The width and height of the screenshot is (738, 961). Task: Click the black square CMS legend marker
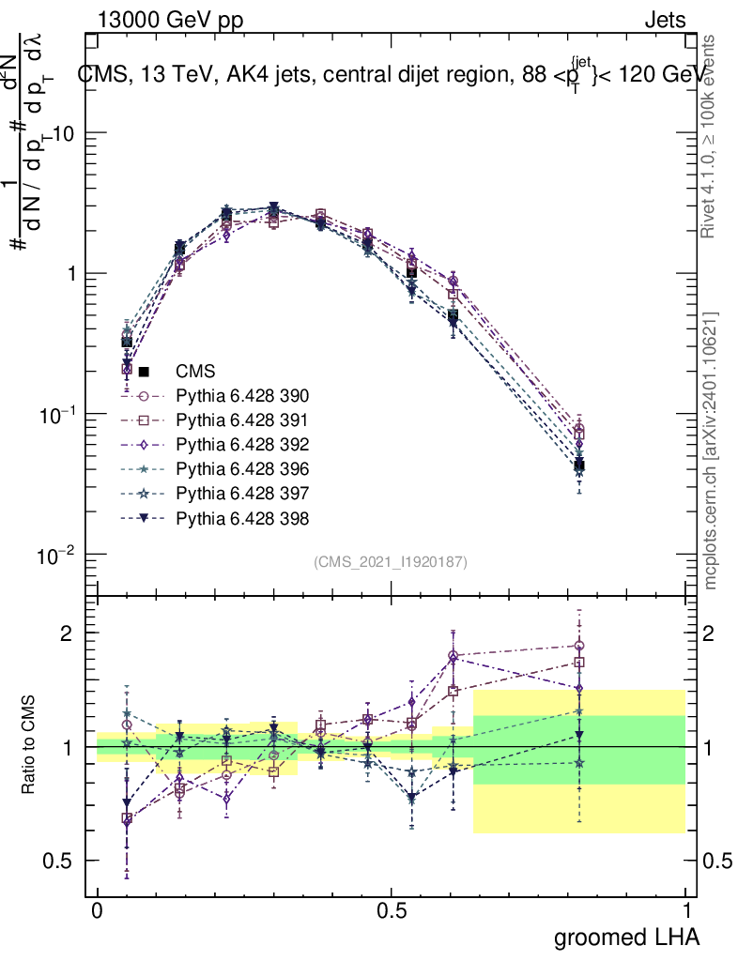pyautogui.click(x=144, y=372)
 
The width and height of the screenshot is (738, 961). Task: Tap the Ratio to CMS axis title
pyautogui.click(x=29, y=747)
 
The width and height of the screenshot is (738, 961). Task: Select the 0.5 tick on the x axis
pyautogui.click(x=392, y=911)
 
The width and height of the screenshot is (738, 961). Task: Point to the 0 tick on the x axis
pyautogui.click(x=98, y=911)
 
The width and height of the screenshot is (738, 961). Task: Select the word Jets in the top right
pyautogui.click(x=664, y=20)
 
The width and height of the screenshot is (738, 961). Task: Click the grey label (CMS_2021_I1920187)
pyautogui.click(x=391, y=561)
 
